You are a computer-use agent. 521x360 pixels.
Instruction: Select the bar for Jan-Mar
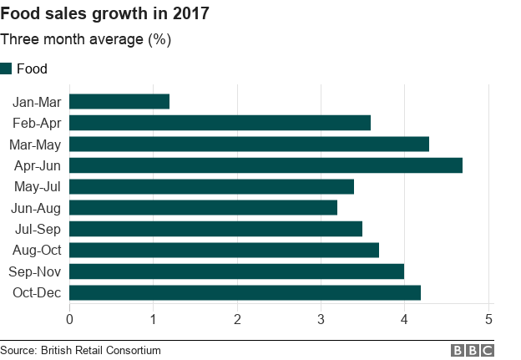(119, 102)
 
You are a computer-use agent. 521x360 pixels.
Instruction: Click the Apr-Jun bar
(266, 165)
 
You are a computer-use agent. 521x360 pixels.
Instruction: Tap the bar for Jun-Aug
(203, 208)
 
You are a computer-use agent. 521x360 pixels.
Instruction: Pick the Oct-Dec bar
(245, 292)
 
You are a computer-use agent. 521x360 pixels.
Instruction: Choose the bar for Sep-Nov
(236, 271)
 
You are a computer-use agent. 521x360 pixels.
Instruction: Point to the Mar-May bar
(249, 145)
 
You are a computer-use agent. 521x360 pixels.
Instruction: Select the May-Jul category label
(38, 187)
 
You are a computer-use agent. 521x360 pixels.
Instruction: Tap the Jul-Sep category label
(38, 229)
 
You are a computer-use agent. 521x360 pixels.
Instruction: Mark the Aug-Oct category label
(38, 251)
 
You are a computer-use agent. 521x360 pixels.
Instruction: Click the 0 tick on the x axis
(69, 319)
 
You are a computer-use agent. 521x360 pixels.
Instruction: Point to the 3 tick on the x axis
(321, 319)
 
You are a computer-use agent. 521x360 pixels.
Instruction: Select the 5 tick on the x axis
(488, 319)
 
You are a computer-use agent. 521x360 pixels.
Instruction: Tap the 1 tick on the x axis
(153, 319)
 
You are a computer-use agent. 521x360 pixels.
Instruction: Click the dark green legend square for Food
(7, 69)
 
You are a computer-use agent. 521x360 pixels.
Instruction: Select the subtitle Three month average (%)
(85, 40)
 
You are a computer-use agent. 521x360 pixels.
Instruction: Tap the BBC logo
(473, 351)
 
